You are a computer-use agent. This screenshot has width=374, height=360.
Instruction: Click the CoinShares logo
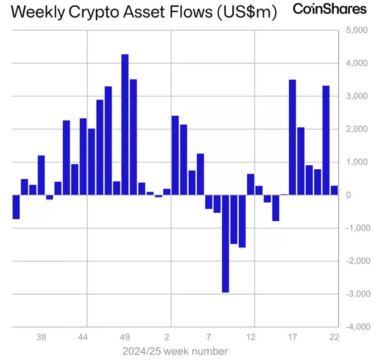[330, 9]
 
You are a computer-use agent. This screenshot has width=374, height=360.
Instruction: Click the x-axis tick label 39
[41, 336]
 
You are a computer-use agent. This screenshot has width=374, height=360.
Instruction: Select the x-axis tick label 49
[125, 336]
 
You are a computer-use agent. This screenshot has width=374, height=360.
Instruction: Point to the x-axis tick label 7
[209, 336]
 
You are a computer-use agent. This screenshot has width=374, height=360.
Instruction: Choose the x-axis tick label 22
[334, 336]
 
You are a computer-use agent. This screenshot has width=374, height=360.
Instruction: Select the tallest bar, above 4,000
[125, 125]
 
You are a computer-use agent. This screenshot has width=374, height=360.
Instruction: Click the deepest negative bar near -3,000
[226, 244]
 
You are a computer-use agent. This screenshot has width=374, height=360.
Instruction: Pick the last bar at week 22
[334, 190]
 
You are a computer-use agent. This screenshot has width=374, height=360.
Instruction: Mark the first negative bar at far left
[16, 207]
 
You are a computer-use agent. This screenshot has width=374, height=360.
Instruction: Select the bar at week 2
[167, 192]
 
